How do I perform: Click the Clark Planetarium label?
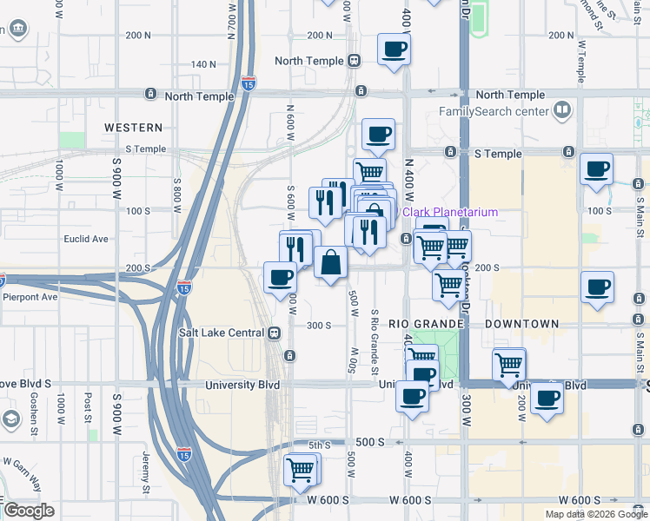[449, 212]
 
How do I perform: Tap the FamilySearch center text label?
[494, 111]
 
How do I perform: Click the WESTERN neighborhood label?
[134, 128]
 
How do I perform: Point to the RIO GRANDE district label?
[425, 324]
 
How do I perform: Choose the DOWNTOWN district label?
[521, 324]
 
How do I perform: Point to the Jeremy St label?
[146, 468]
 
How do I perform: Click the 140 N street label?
[203, 64]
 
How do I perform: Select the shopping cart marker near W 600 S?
[301, 470]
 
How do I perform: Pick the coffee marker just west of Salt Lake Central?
[280, 278]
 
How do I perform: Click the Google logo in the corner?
[29, 511]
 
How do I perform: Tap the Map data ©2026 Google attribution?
[596, 514]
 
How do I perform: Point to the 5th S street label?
[320, 445]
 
